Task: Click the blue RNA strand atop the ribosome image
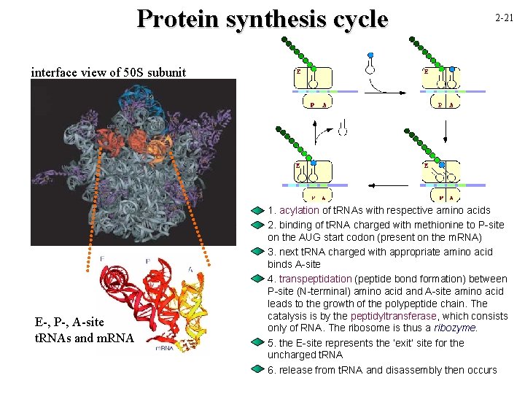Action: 139,98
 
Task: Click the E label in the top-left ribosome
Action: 298,72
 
